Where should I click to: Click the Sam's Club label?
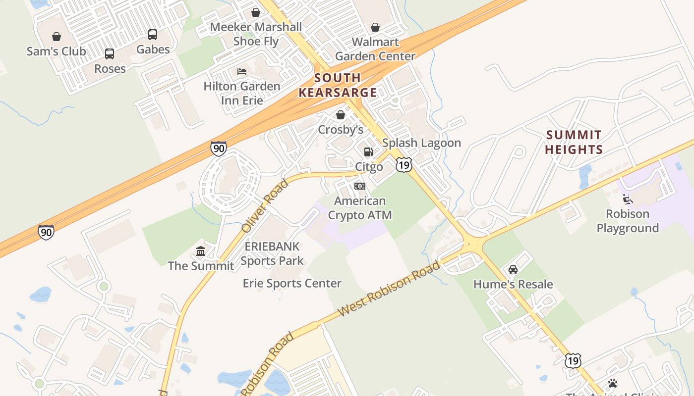56,51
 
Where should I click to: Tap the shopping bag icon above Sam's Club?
57,37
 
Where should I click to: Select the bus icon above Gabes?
153,35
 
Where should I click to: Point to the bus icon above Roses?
110,54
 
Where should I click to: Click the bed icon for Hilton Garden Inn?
242,72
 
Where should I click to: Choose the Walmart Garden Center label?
375,49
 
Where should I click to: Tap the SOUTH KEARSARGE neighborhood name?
338,85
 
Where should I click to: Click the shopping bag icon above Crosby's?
341,115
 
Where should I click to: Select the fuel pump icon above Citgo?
369,152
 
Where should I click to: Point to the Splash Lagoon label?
421,143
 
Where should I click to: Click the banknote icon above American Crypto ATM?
360,186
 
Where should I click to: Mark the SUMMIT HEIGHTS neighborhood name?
574,142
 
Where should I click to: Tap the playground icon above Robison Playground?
628,199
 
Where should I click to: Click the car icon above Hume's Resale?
513,270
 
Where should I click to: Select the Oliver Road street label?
265,206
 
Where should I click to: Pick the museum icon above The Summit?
201,251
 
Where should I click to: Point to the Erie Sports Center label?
292,283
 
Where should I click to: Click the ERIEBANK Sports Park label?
272,253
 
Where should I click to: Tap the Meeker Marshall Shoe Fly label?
256,34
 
